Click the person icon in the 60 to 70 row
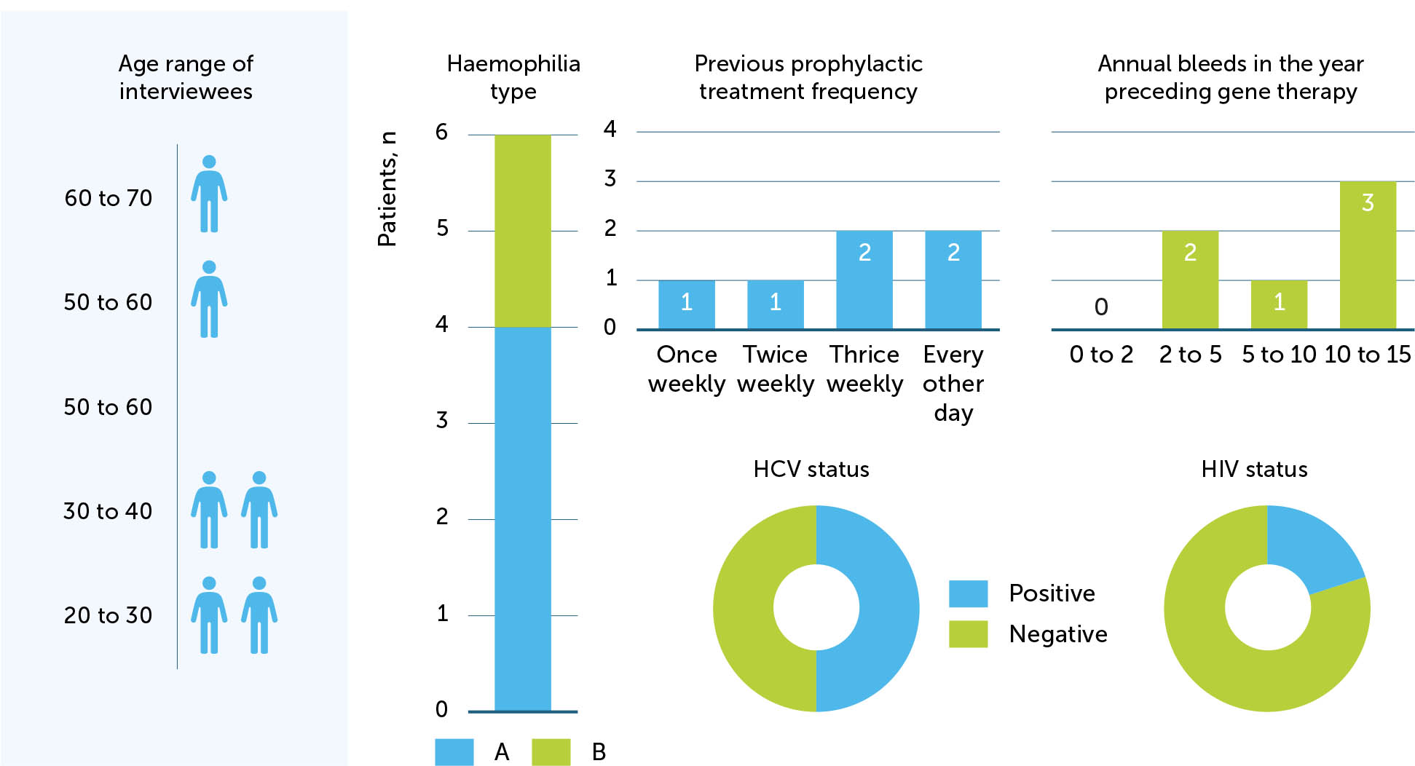209,194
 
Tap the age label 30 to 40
108,511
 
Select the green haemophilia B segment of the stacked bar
522,230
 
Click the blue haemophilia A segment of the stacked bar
522,518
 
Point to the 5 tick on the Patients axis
442,229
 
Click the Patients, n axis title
387,189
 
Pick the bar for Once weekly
686,304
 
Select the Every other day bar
953,280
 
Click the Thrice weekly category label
864,368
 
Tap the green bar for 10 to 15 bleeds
1367,255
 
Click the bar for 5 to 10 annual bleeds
1278,304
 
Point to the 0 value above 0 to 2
1100,307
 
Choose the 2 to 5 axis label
1190,355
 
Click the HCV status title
811,470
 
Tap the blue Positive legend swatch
968,593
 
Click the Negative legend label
1057,634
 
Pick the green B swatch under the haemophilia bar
551,751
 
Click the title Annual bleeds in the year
1230,64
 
